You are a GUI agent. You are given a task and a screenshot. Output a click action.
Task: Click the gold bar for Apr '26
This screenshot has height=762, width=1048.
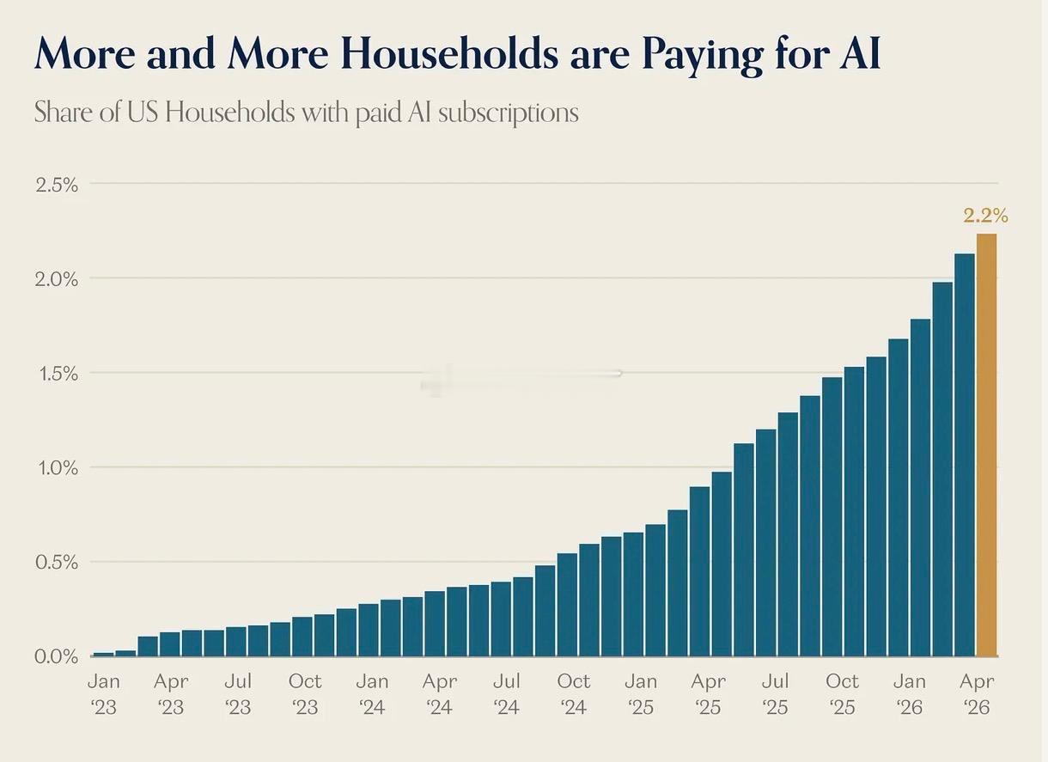tap(986, 445)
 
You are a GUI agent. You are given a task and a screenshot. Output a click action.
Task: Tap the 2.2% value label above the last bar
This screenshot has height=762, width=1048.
tap(986, 216)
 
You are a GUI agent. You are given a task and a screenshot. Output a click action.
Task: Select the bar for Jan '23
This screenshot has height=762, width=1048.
tap(103, 654)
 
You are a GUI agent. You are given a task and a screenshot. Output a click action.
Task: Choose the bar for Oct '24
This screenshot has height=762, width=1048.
tap(567, 605)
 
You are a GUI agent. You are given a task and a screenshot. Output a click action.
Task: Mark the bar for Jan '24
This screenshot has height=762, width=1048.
tap(369, 630)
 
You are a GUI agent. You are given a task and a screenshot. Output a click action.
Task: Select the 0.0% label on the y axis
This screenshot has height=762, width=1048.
tap(56, 657)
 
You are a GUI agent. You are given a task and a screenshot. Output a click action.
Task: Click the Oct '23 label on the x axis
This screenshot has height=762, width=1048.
tap(305, 695)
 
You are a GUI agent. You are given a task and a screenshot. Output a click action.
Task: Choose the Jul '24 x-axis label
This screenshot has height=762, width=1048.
tap(507, 695)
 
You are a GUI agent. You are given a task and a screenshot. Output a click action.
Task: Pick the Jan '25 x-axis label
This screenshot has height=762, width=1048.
tap(641, 695)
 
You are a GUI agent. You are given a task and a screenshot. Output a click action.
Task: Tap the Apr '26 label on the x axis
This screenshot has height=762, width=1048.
tap(977, 695)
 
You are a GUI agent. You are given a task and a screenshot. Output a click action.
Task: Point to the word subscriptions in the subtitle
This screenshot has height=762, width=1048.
tap(508, 113)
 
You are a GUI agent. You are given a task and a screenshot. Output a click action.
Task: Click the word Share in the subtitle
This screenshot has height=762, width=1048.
tap(64, 112)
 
